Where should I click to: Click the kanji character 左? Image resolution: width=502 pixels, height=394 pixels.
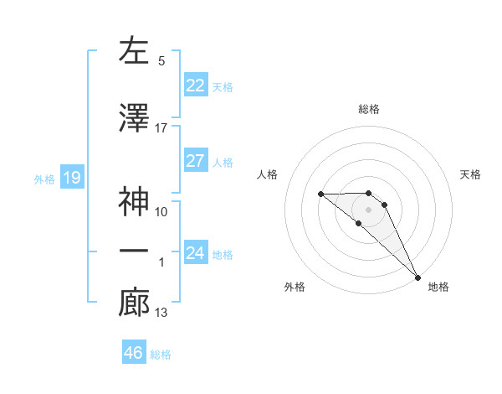135,51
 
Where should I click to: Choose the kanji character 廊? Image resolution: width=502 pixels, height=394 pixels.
135,303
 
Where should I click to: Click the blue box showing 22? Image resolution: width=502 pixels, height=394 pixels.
196,85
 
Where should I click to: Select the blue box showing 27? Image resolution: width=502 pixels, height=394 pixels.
196,161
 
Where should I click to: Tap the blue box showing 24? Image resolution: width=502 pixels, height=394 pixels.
196,252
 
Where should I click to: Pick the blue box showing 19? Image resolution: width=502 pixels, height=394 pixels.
71,178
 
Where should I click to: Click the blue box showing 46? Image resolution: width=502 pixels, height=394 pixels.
134,353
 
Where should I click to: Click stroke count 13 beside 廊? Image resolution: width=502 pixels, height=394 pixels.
161,313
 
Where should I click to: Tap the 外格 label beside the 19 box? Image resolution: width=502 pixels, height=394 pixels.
44,179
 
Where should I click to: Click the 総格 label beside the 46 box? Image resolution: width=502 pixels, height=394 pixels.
161,355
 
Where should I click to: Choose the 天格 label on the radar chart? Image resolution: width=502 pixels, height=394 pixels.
471,174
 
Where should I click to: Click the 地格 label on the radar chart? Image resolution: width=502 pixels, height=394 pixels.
438,287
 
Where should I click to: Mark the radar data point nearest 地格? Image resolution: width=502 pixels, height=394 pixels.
417,277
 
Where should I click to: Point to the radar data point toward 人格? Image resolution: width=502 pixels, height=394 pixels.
320,194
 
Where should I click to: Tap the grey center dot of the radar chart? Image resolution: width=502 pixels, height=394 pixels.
369,209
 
